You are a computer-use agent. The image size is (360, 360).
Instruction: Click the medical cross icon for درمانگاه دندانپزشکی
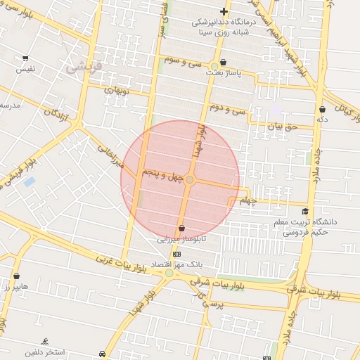[x=224, y=11]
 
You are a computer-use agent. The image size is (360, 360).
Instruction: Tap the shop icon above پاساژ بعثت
[x=223, y=62]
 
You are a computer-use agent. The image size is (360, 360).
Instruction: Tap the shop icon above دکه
[x=322, y=109]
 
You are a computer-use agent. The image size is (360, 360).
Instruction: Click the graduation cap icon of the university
[x=305, y=211]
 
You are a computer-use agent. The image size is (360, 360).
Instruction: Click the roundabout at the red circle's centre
[x=189, y=181]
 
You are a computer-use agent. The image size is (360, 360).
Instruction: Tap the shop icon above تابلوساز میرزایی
[x=182, y=228]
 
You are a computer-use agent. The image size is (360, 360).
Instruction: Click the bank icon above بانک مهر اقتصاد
[x=176, y=254]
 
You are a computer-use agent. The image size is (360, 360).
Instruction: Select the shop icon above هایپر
[x=16, y=276]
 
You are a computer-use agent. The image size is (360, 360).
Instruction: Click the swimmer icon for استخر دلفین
[x=45, y=342]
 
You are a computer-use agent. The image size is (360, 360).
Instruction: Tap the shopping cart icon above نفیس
[x=25, y=58]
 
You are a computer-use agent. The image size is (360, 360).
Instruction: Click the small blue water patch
[x=29, y=182]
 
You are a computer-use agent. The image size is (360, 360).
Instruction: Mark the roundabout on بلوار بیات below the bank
[x=169, y=273]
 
